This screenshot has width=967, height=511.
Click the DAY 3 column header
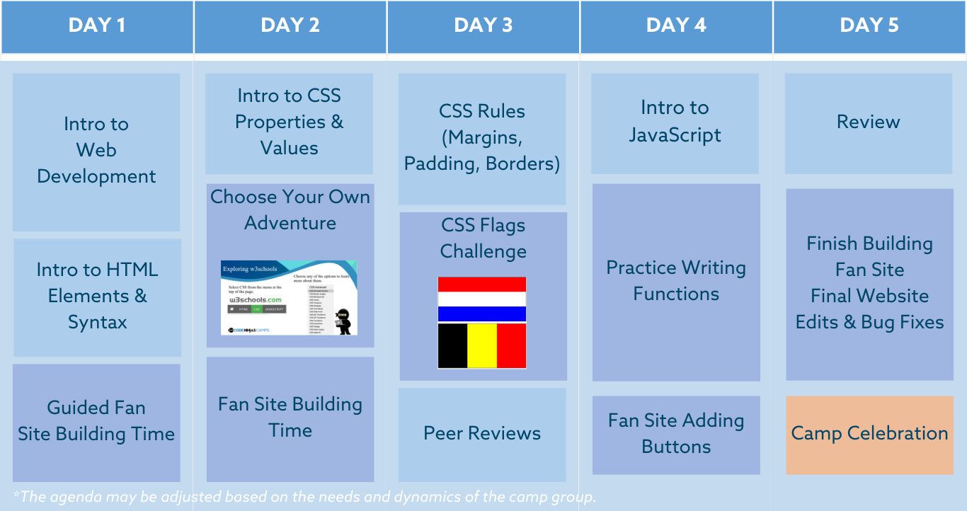point(483,26)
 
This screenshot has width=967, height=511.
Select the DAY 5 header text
point(869,26)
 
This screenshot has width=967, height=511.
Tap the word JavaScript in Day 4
point(675,135)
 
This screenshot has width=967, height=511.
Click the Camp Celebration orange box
point(869,434)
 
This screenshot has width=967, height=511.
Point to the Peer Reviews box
point(482,434)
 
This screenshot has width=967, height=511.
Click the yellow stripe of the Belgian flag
point(482,345)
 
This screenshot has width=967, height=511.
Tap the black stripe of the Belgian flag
point(452,345)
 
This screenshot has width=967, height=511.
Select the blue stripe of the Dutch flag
point(482,314)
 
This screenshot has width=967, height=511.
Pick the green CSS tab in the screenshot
point(258,309)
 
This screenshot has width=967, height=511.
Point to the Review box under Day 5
point(869,122)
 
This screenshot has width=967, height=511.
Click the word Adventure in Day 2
point(290,223)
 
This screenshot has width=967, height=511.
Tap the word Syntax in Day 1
point(98,323)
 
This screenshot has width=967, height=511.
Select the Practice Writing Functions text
point(676,281)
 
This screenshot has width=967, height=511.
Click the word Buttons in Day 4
point(676,447)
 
